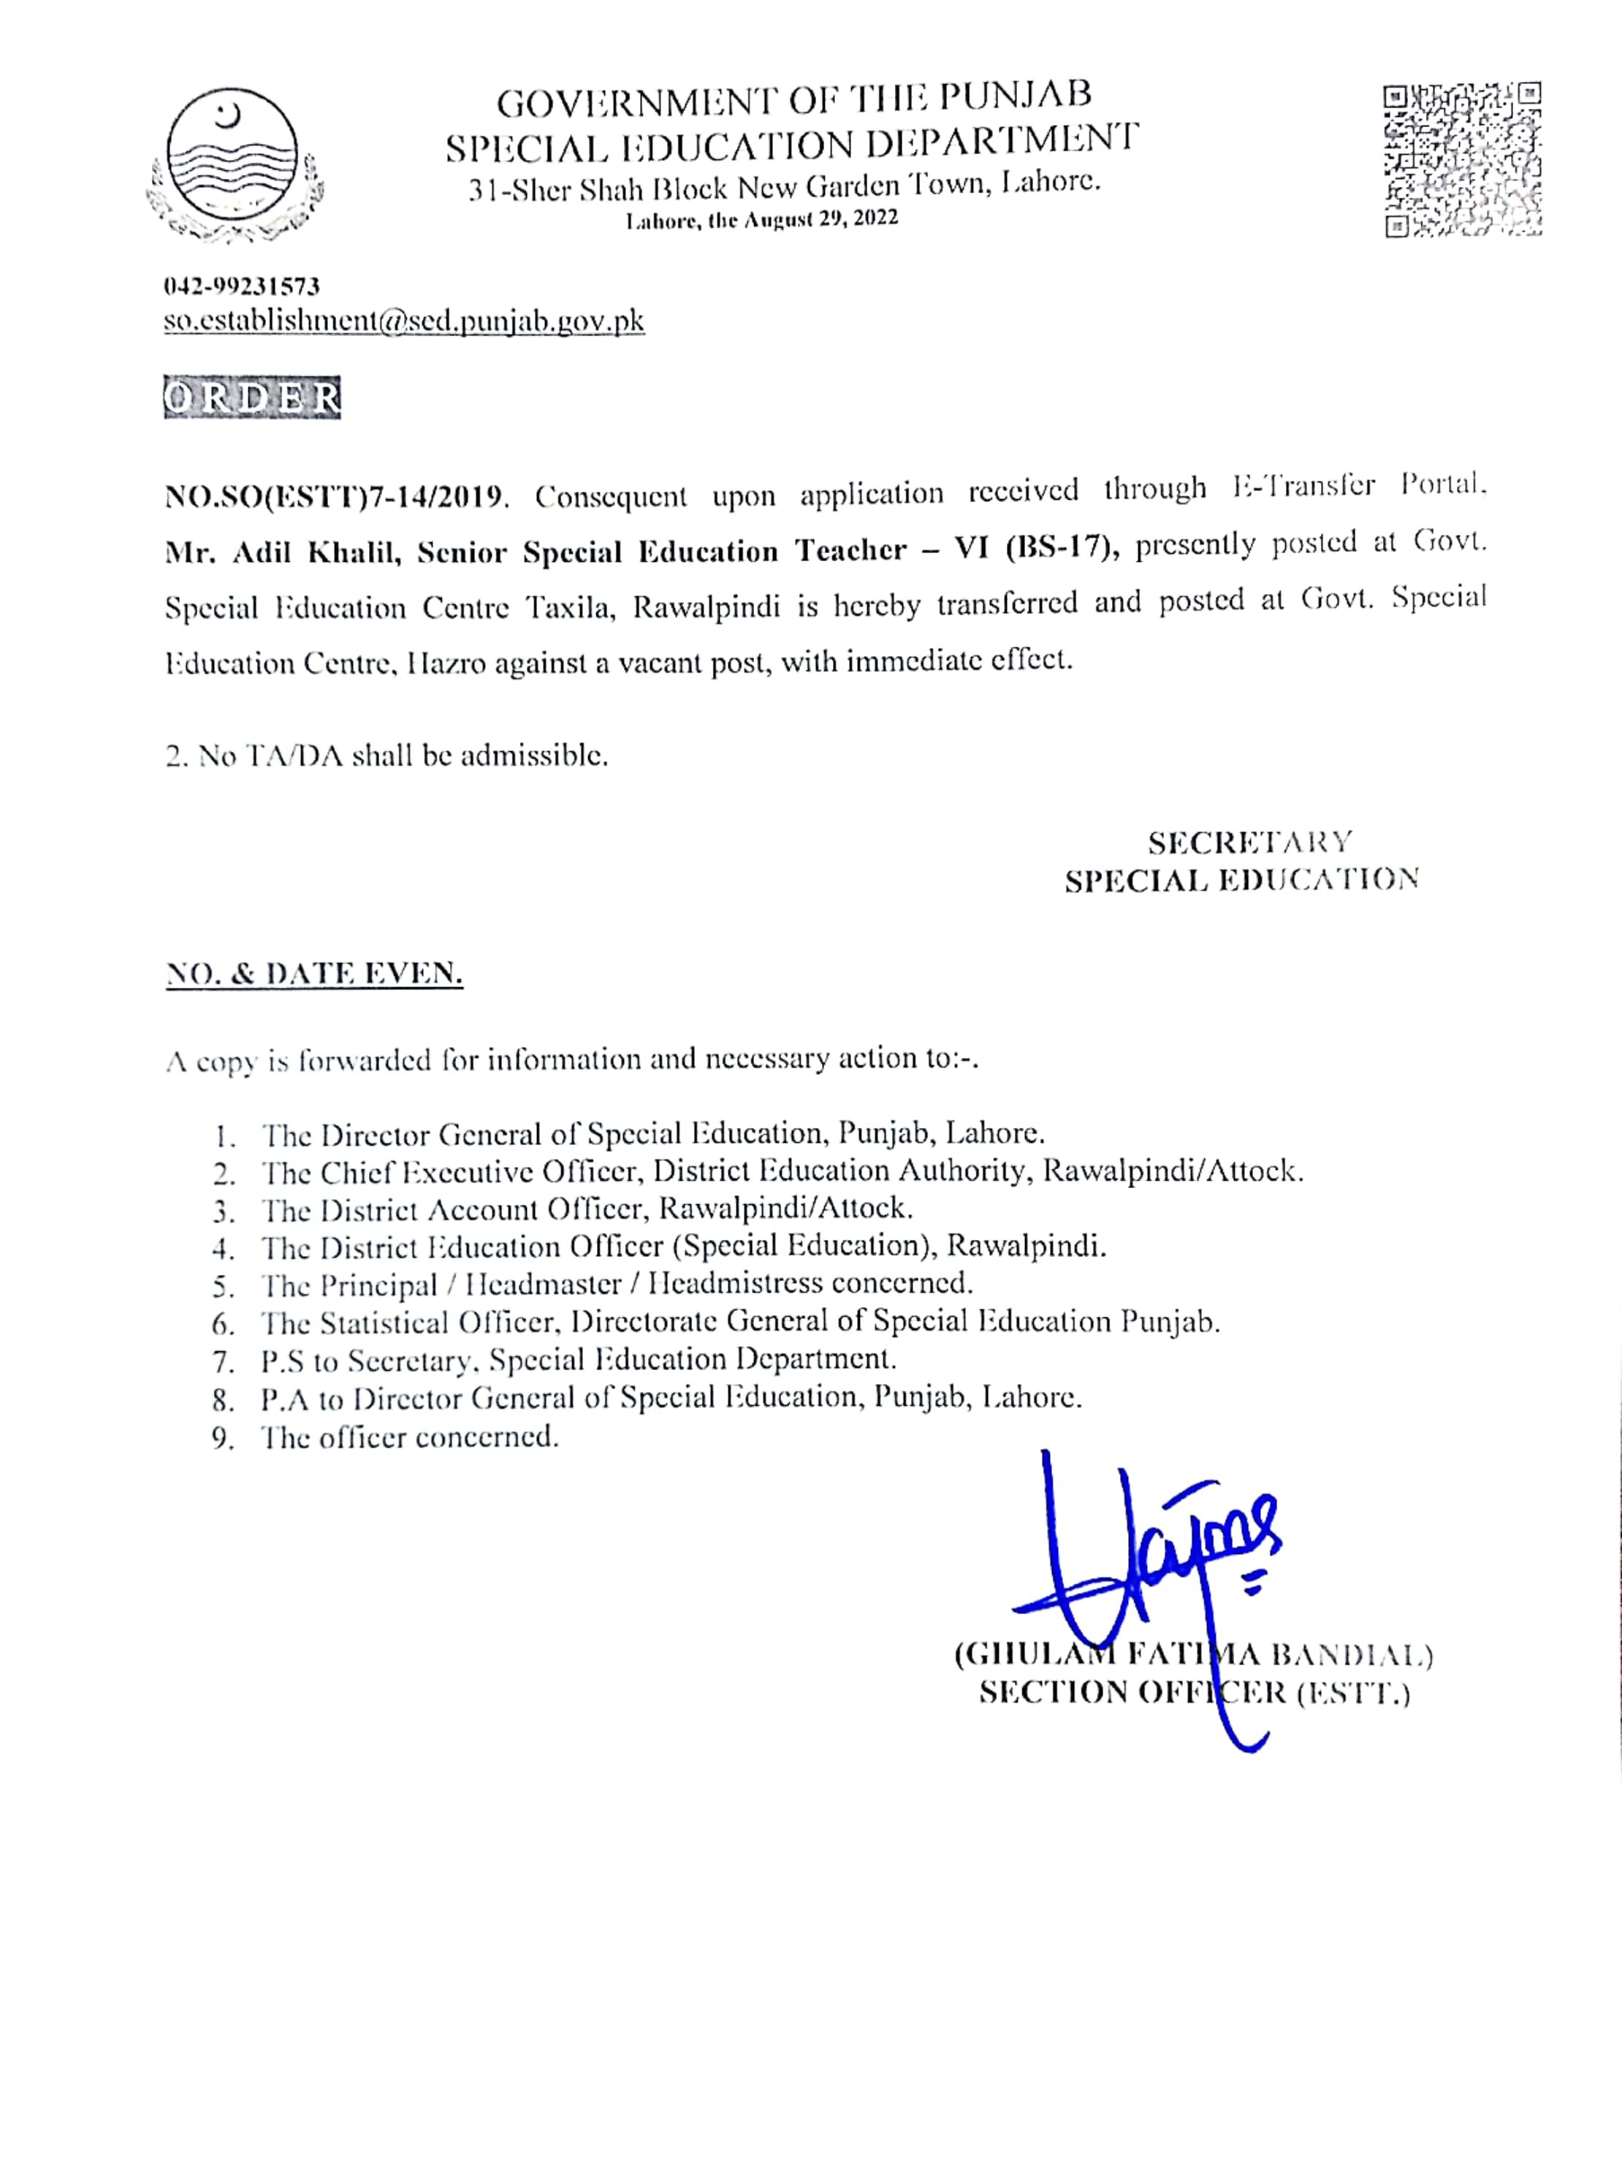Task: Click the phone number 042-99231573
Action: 242,286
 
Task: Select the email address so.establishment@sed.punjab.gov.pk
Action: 404,322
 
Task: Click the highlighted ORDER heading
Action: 251,397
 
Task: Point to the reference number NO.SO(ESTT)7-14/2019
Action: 335,498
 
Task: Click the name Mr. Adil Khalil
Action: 283,553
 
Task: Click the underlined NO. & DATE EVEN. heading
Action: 314,973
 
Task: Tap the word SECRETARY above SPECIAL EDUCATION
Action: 1249,842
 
